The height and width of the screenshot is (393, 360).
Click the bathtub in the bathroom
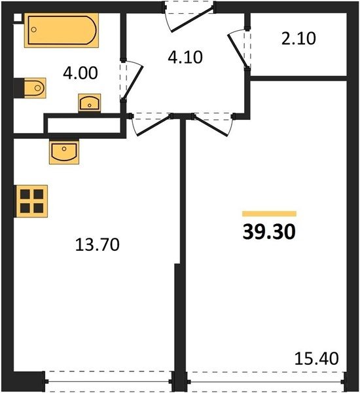pyautogui.click(x=62, y=30)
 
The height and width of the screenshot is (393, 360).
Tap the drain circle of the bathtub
pyautogui.click(x=34, y=29)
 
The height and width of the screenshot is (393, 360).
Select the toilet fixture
pyautogui.click(x=35, y=88)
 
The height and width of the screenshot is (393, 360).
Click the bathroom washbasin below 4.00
pyautogui.click(x=90, y=103)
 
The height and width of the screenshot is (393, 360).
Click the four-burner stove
pyautogui.click(x=31, y=201)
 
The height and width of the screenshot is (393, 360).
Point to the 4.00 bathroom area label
pyautogui.click(x=80, y=73)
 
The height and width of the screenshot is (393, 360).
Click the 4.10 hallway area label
pyautogui.click(x=185, y=58)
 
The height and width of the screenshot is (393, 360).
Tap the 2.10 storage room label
pyautogui.click(x=298, y=39)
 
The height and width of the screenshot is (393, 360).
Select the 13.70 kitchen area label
pyautogui.click(x=98, y=244)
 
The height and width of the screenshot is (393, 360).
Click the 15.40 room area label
pyautogui.click(x=316, y=358)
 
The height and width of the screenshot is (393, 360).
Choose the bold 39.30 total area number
pyautogui.click(x=269, y=232)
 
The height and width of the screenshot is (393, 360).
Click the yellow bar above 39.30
pyautogui.click(x=269, y=214)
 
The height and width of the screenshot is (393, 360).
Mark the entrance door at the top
pyautogui.click(x=192, y=20)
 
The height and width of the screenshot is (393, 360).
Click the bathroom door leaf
pyautogui.click(x=133, y=83)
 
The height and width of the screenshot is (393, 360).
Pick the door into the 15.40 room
pyautogui.click(x=211, y=126)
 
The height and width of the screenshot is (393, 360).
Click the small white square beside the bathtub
pyautogui.click(x=18, y=18)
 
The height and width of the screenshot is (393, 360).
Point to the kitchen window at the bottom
pyautogui.click(x=109, y=382)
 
